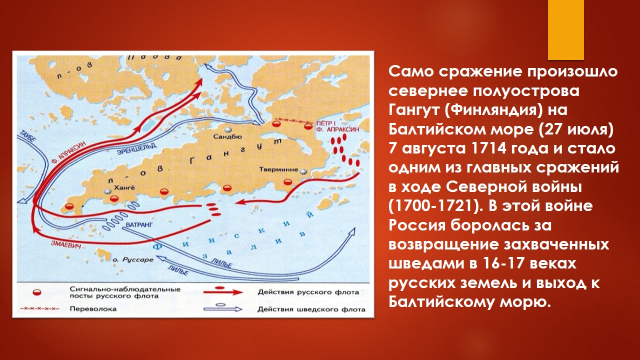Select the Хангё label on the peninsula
point(123,187)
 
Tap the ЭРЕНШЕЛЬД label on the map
point(137,148)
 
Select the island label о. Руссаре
point(132,260)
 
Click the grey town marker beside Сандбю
point(228,129)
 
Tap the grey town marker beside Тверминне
point(303,171)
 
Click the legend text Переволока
point(93,309)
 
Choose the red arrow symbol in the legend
point(223,291)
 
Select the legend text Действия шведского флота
point(311,309)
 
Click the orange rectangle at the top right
point(565,30)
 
